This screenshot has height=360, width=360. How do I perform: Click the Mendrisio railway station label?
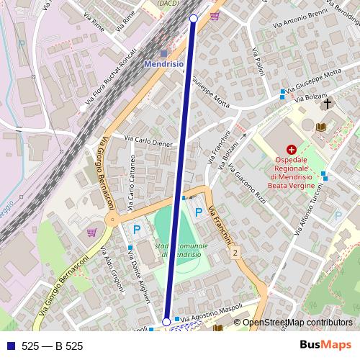pyautogui.click(x=164, y=63)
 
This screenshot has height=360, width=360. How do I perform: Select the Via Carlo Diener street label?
pyautogui.click(x=149, y=140)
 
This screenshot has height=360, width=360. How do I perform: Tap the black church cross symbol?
pyautogui.click(x=328, y=104)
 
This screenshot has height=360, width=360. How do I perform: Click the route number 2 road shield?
pyautogui.click(x=235, y=252)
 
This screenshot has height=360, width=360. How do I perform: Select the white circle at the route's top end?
pyautogui.click(x=193, y=18)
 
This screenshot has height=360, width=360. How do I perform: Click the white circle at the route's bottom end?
pyautogui.click(x=167, y=322)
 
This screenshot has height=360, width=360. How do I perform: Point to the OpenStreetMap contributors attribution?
pyautogui.click(x=297, y=323)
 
